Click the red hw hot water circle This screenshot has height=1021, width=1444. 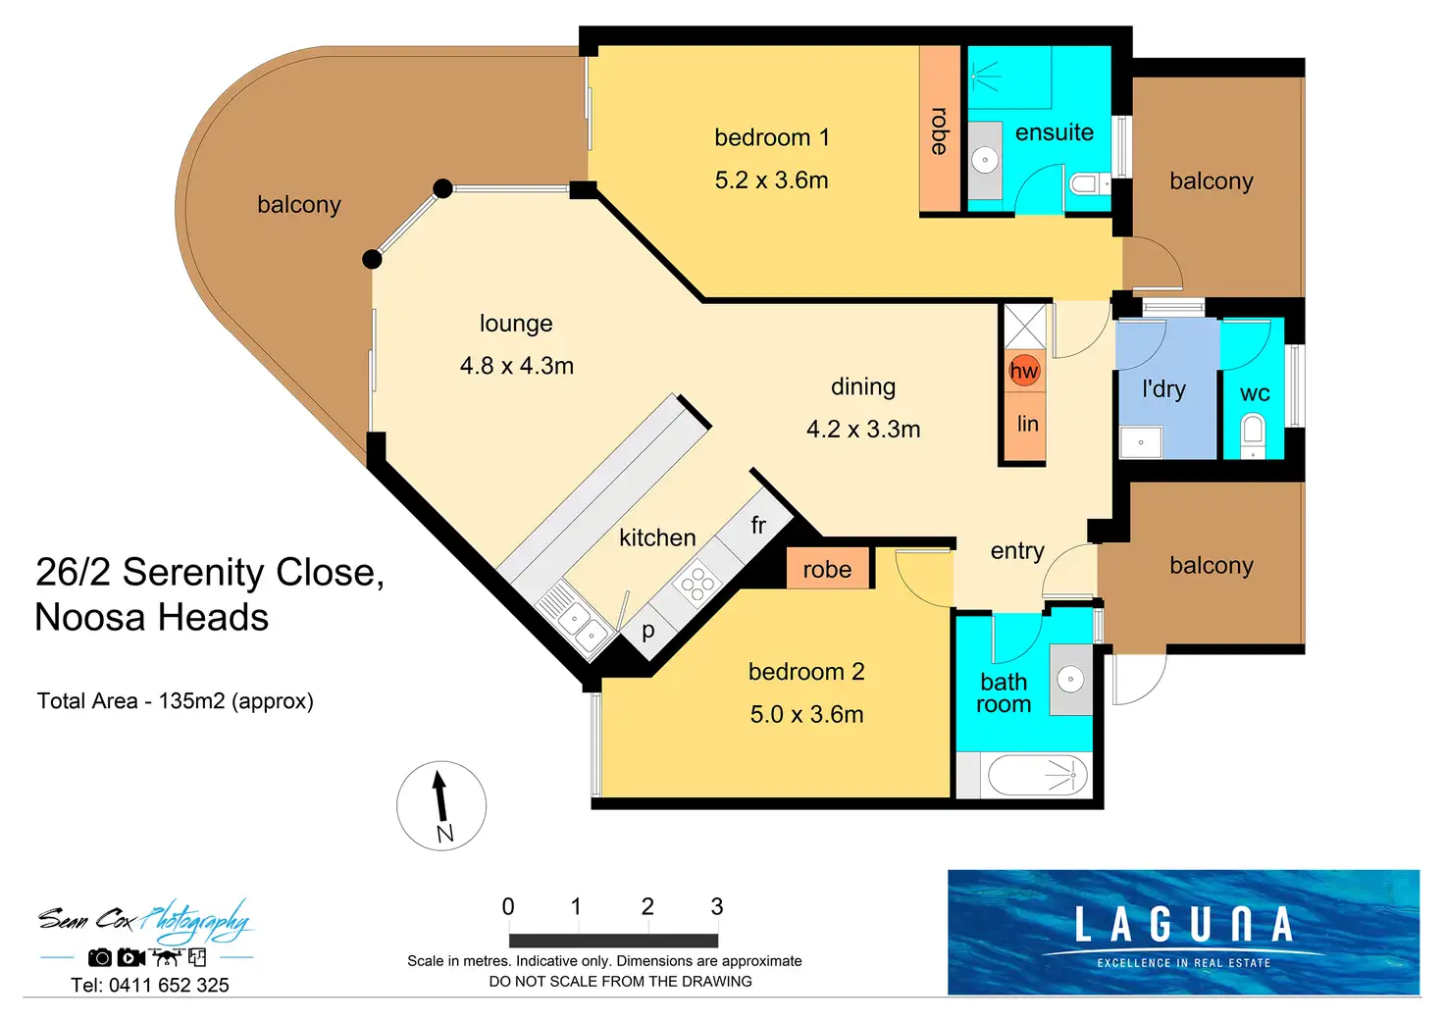point(1024,370)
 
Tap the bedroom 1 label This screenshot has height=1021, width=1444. point(772,137)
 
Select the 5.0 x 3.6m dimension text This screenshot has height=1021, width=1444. point(806,714)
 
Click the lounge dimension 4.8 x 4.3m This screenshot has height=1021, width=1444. point(516,366)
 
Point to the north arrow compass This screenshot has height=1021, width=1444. point(440,805)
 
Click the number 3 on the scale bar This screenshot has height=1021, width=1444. point(717,906)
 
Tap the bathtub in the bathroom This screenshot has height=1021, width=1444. point(1037,775)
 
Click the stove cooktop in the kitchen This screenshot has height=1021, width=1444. point(697,584)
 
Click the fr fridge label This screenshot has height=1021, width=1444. point(758,525)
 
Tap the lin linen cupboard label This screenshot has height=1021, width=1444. point(1027,424)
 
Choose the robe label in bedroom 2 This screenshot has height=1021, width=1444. point(827,569)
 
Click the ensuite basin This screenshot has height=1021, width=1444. point(985,160)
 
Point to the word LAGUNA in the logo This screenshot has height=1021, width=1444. point(1184,924)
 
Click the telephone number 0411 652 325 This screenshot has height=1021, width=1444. point(169,985)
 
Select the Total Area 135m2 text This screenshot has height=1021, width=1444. point(176,700)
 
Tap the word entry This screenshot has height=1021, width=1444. point(1017,551)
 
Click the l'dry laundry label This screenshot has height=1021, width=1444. point(1163,388)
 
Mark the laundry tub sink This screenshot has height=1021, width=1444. point(1140,441)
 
